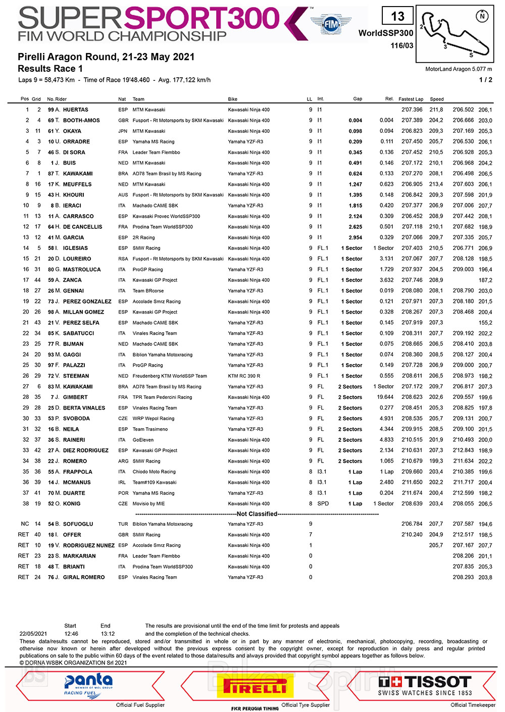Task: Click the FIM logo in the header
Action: [x=331, y=24]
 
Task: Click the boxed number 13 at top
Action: [x=398, y=16]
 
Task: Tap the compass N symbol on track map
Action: [x=482, y=16]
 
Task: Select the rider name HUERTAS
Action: [x=76, y=110]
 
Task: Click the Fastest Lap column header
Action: [x=411, y=99]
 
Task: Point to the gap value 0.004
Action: [x=355, y=120]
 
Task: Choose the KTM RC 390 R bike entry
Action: [x=244, y=376]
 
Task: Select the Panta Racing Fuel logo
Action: [x=88, y=685]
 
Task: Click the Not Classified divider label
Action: [x=257, y=514]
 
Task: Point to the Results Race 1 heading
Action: [x=50, y=69]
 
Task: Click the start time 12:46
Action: [x=71, y=634]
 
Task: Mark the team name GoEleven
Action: [x=144, y=440]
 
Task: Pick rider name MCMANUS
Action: [x=77, y=482]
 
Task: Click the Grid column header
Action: [x=36, y=99]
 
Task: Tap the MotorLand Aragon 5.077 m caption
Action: [x=459, y=69]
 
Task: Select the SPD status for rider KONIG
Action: [x=323, y=504]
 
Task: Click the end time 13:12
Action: [x=108, y=634]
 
